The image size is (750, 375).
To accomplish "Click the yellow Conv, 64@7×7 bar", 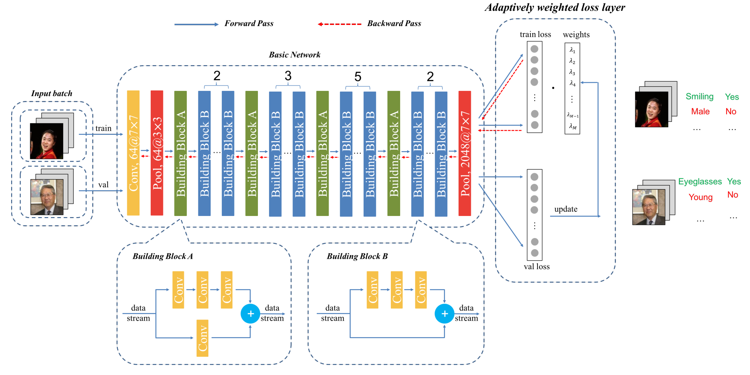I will [133, 153].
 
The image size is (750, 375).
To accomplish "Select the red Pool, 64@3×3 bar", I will [157, 153].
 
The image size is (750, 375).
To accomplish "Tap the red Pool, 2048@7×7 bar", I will [465, 153].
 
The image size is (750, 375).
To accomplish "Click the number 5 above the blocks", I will [358, 77].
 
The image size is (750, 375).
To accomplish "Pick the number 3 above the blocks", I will [288, 76].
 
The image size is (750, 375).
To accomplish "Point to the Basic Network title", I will [294, 55].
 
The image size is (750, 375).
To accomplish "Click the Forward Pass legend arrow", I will [196, 25].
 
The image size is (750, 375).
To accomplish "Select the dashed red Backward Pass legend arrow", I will [339, 24].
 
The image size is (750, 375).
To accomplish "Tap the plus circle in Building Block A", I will [250, 314].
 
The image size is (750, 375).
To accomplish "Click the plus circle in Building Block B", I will [444, 314].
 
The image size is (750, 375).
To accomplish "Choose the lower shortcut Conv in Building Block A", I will [202, 338].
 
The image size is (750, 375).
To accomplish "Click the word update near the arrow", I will [566, 209].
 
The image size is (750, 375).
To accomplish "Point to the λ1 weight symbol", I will [572, 50].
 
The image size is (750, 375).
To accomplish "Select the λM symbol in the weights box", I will [572, 127].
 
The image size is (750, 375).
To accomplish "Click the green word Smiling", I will [699, 97].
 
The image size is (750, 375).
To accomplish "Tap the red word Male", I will [700, 111].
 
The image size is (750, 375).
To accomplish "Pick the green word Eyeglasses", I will [700, 181].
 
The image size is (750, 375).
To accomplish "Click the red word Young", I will [700, 197].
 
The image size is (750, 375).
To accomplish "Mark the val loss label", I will [536, 267].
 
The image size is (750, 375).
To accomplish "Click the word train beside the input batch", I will [103, 128].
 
